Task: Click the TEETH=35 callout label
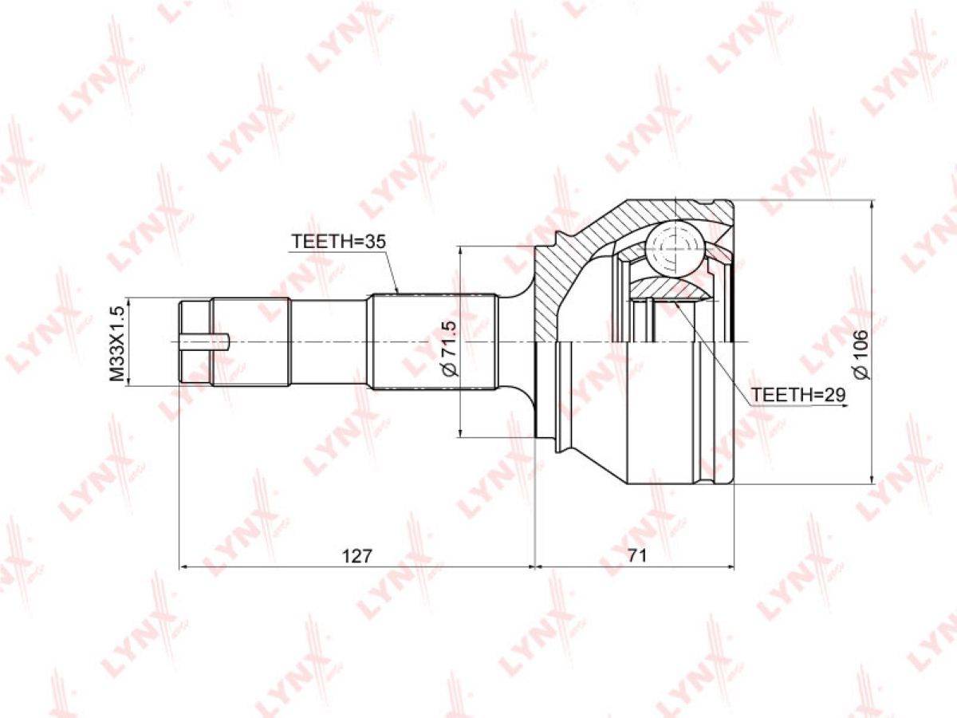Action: click(x=339, y=241)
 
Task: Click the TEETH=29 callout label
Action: click(x=799, y=395)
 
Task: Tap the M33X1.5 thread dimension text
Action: click(x=117, y=343)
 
